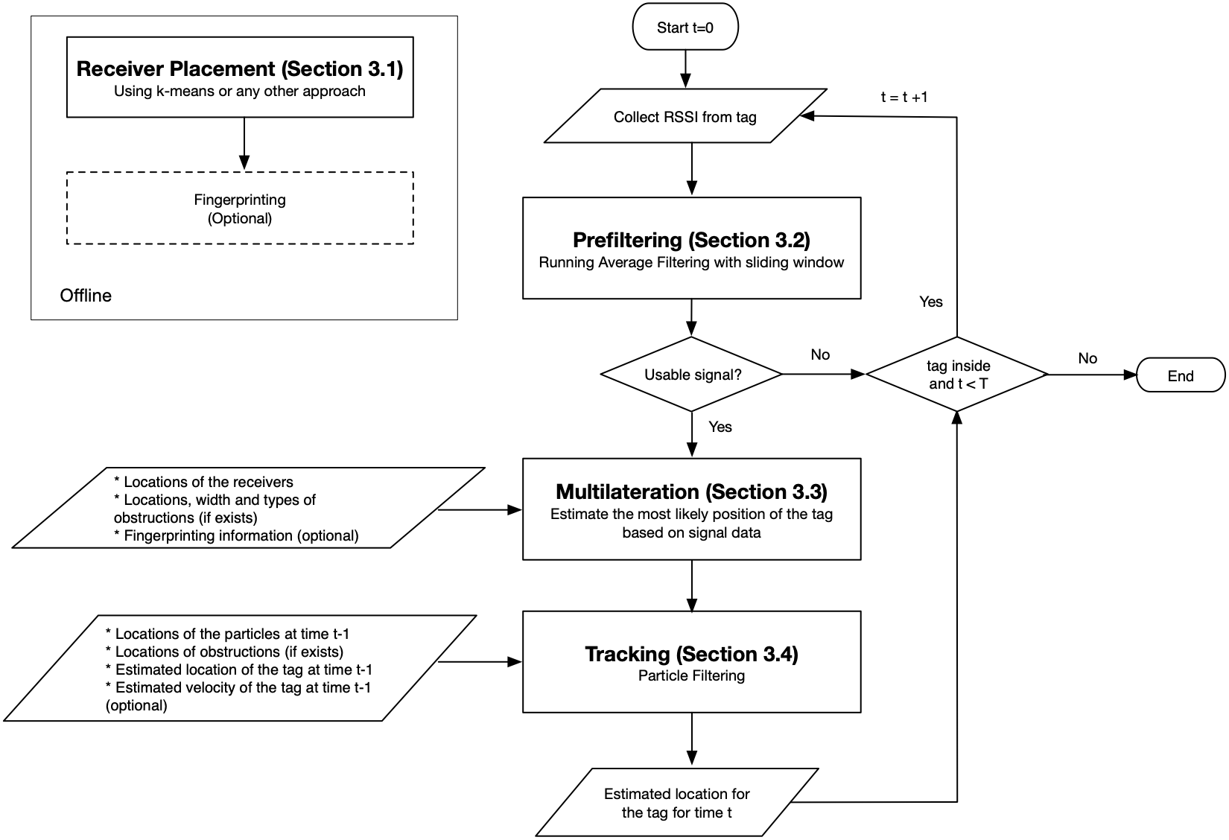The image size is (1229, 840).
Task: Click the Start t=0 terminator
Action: pos(685,28)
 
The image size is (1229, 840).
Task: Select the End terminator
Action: pos(1180,376)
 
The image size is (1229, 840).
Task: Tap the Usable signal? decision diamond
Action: pos(692,375)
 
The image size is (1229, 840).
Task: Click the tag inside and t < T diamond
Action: pos(957,375)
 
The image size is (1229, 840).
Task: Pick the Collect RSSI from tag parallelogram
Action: pos(685,117)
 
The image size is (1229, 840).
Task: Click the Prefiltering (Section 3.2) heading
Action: pos(691,240)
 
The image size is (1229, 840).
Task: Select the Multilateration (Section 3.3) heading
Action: pos(691,491)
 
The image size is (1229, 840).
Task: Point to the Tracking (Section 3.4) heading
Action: pos(691,654)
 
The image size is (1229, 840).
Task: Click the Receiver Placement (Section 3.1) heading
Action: pos(240,69)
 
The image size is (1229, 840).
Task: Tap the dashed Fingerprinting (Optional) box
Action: pos(240,209)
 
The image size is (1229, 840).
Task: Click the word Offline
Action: pos(86,296)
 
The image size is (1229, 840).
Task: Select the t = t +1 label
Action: pos(904,97)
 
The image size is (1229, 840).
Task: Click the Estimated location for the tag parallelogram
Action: pos(676,803)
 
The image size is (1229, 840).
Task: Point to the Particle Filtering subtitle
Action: pos(691,675)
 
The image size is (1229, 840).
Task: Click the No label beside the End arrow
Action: pos(1087,358)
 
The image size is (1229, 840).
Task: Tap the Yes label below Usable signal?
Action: pos(720,427)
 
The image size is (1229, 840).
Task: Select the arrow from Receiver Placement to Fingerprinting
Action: pos(244,144)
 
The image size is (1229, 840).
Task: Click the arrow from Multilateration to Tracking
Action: pos(692,586)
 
